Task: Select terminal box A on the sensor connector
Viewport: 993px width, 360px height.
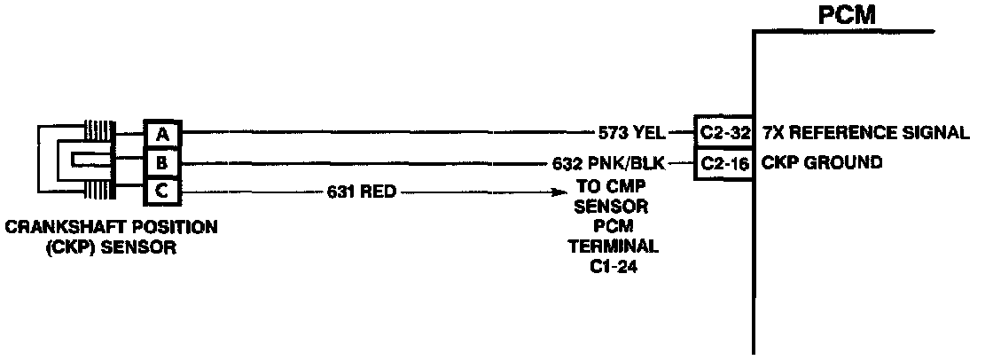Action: coord(162,134)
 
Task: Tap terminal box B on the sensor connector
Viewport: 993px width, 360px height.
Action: coord(162,162)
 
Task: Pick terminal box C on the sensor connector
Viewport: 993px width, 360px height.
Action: coord(162,191)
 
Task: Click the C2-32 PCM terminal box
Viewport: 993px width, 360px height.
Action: coord(723,134)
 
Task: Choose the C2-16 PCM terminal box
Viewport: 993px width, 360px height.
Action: coord(723,162)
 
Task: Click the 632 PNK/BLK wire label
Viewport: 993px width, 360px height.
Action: coord(607,162)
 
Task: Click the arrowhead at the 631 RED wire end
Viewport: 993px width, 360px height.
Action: coord(559,191)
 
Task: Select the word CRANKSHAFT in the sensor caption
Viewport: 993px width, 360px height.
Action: coord(55,228)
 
